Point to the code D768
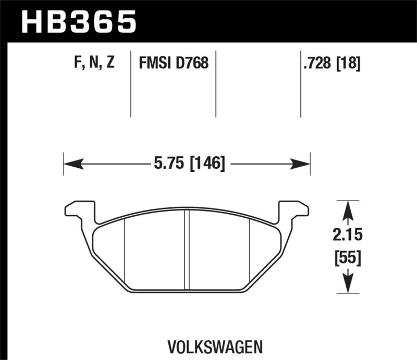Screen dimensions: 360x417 pos(193,64)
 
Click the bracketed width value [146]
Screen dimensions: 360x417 pos(207,165)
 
